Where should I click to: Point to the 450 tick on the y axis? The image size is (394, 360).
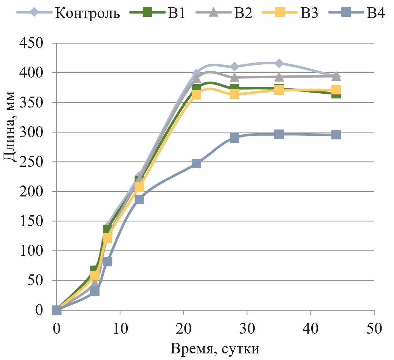31,43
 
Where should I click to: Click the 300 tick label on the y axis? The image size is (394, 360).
31,132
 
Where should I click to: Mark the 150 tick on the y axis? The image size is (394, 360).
31,221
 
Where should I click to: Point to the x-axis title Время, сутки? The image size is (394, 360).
215,349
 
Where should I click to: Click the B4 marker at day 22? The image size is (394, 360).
196,164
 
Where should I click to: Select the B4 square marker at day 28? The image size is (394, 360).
234,138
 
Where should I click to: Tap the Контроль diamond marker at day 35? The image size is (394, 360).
279,63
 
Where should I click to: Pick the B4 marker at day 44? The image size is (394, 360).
336,135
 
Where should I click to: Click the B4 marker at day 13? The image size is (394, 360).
139,199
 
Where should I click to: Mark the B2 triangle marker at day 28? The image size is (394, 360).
234,77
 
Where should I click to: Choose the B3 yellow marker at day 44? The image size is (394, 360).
336,90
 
